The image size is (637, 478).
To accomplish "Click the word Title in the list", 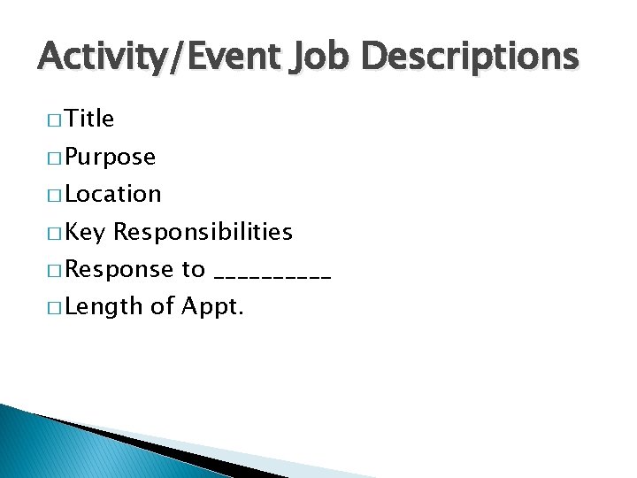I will [89, 119].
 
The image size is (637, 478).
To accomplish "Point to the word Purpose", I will [110, 158].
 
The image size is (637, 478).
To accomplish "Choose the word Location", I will [112, 194].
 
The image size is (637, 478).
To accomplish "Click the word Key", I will [85, 233].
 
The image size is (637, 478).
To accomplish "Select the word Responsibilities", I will [203, 232].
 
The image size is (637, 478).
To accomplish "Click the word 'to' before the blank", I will [193, 270].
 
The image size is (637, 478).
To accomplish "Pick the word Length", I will [104, 307].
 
